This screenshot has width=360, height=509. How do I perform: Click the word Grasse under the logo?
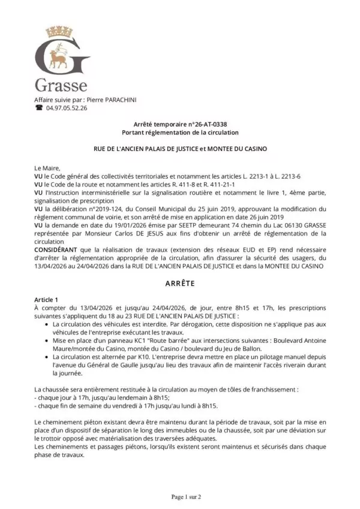point(62,85)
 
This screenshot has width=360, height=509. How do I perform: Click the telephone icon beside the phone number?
point(39,108)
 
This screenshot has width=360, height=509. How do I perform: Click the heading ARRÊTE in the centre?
point(180,282)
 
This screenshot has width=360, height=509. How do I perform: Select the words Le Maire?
point(47,168)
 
